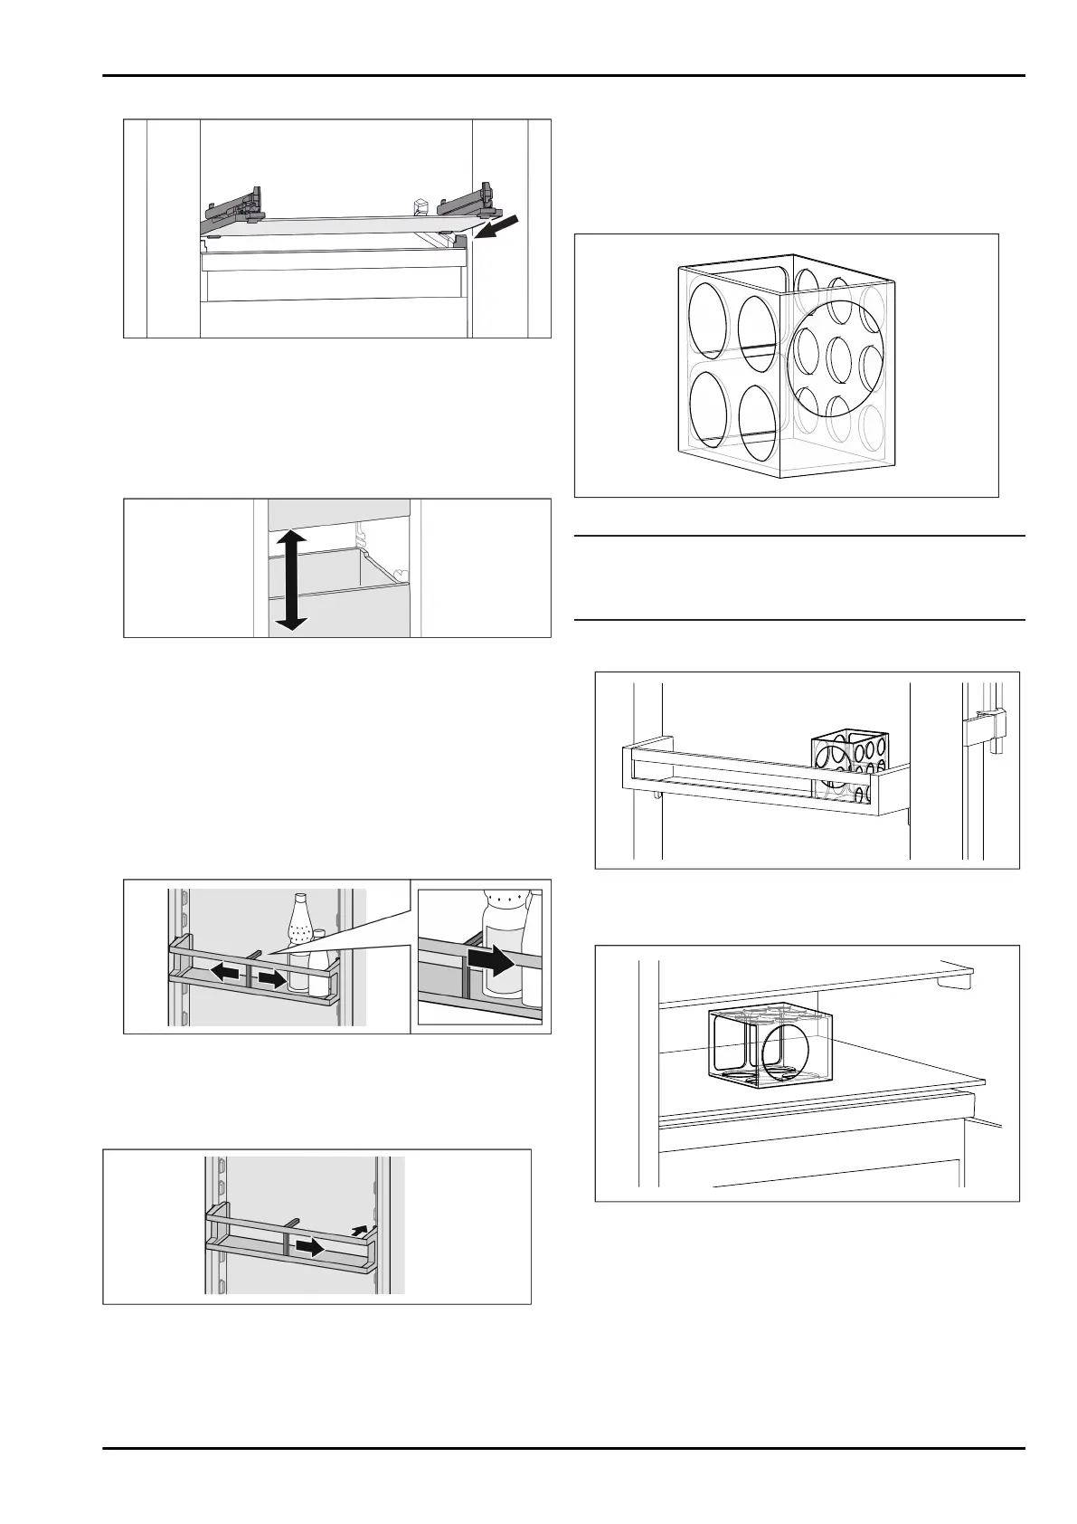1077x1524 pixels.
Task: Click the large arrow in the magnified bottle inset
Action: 493,962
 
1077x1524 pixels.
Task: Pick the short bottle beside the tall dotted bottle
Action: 318,973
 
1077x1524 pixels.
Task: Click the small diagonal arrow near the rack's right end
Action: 361,1229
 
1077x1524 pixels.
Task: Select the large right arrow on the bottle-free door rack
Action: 310,1247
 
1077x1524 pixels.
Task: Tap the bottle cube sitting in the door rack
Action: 850,765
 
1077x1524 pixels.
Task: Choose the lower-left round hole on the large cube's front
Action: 712,410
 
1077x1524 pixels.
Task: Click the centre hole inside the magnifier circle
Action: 838,358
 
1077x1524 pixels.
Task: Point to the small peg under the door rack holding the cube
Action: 654,793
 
